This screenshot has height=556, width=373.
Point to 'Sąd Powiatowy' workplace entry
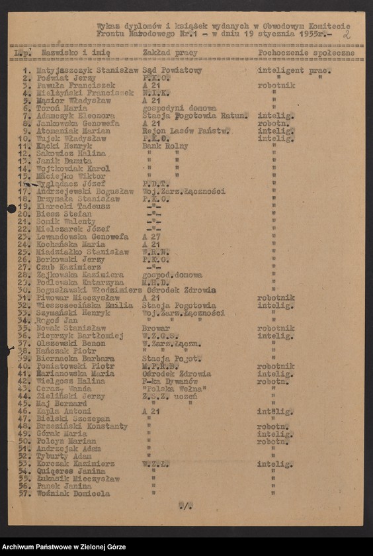click(172, 70)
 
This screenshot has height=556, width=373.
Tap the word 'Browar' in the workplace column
click(156, 328)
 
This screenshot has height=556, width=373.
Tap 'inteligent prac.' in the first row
click(294, 70)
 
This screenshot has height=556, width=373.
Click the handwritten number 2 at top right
click(347, 33)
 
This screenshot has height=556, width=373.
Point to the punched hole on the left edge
click(11, 209)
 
